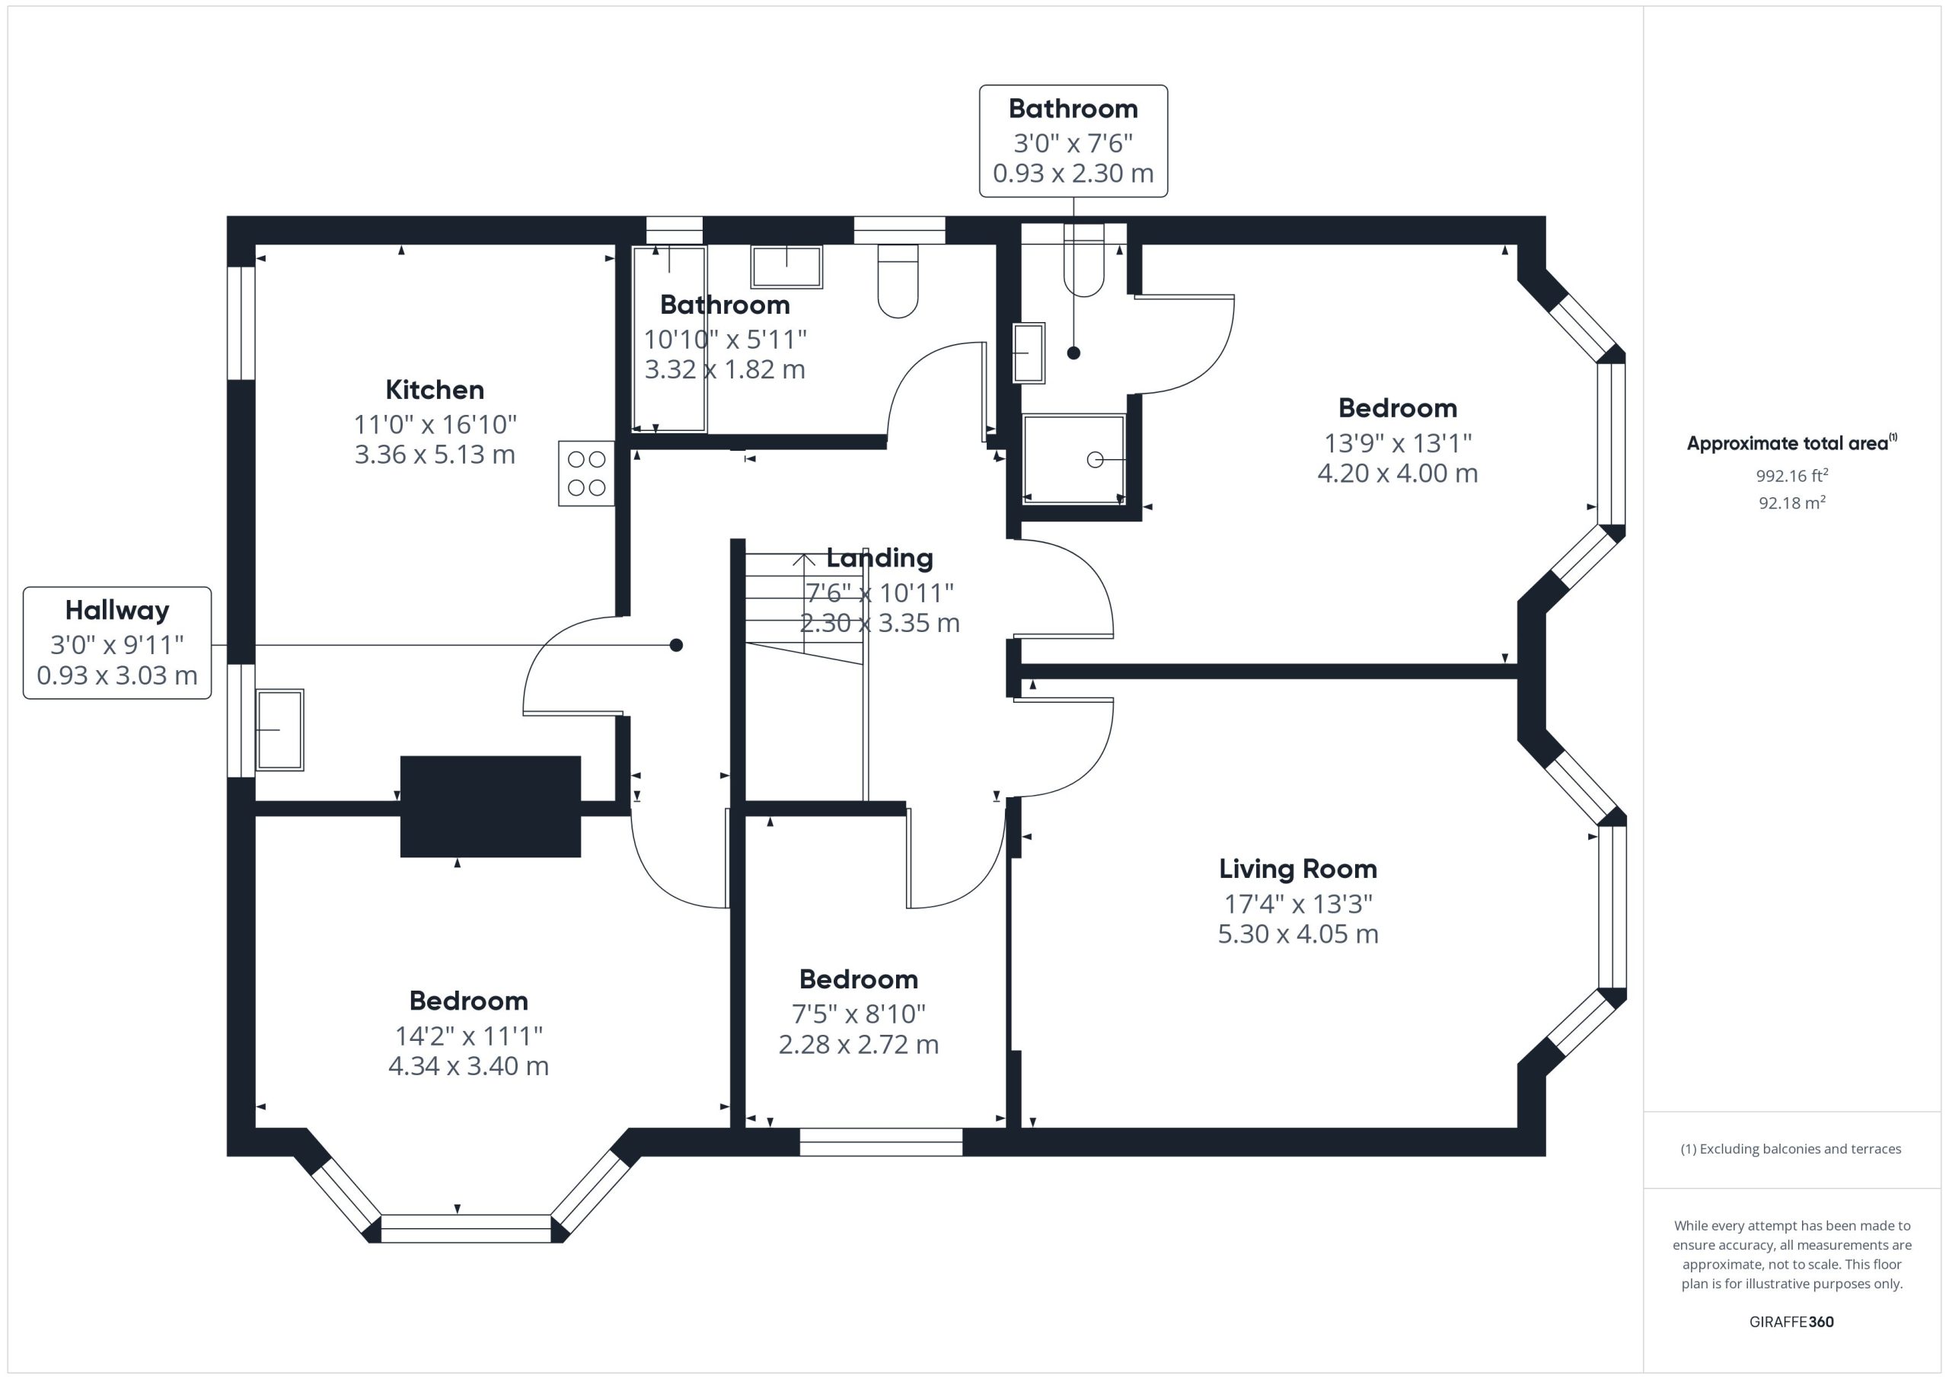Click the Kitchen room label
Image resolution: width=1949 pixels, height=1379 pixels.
(x=435, y=390)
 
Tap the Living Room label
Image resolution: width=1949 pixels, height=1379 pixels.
(x=1298, y=869)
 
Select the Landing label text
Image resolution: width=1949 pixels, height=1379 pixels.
(x=879, y=558)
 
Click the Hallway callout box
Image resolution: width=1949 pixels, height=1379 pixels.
(x=117, y=643)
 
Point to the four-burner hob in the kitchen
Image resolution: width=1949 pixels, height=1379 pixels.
(x=586, y=474)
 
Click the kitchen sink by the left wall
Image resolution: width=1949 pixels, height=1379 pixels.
(x=279, y=729)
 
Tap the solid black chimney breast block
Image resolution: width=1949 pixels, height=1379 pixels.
(x=490, y=806)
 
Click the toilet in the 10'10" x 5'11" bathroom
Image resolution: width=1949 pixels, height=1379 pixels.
(x=898, y=281)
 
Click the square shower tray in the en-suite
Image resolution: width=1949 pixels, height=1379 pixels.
(x=1073, y=459)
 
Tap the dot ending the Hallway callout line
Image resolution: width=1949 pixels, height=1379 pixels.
(x=677, y=646)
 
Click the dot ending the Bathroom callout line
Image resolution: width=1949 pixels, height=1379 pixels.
(x=1073, y=353)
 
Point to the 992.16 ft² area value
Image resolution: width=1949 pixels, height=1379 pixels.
(x=1792, y=474)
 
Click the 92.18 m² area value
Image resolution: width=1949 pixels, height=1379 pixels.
(x=1792, y=502)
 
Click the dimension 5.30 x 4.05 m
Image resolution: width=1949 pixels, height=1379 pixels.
(x=1298, y=934)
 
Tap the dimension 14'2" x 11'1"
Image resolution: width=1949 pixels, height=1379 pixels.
(x=468, y=1036)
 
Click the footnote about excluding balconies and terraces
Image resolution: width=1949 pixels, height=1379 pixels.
(x=1791, y=1149)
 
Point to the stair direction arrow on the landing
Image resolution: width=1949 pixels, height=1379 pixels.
(x=804, y=604)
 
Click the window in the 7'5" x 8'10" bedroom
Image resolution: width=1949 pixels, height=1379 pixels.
(x=881, y=1142)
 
